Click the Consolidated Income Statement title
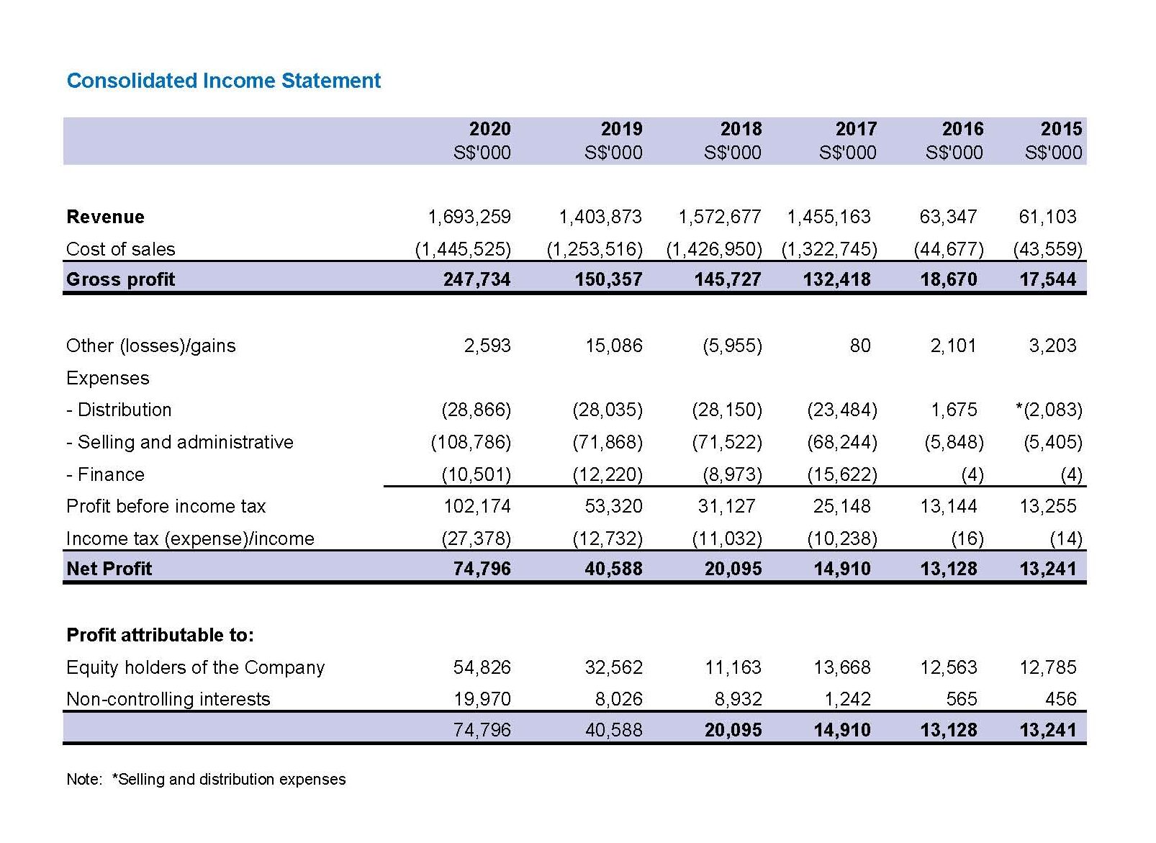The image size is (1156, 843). (224, 81)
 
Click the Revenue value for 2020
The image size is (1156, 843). (469, 217)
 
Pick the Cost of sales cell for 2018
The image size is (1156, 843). (714, 249)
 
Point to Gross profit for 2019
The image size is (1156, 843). (608, 279)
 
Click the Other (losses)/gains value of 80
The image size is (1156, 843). (860, 346)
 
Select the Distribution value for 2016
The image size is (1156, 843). (954, 410)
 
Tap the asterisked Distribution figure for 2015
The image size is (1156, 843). (1049, 410)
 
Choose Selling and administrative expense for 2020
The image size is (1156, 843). (471, 443)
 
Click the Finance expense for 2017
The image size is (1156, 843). (842, 474)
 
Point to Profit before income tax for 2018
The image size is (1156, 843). (726, 506)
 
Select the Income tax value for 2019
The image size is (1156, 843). (608, 539)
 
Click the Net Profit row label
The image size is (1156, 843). (109, 569)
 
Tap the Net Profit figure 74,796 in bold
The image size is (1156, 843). (482, 569)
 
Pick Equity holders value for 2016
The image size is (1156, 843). (949, 667)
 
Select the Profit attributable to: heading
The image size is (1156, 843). (161, 635)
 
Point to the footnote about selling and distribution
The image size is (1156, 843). (206, 779)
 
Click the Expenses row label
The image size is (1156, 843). (108, 379)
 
